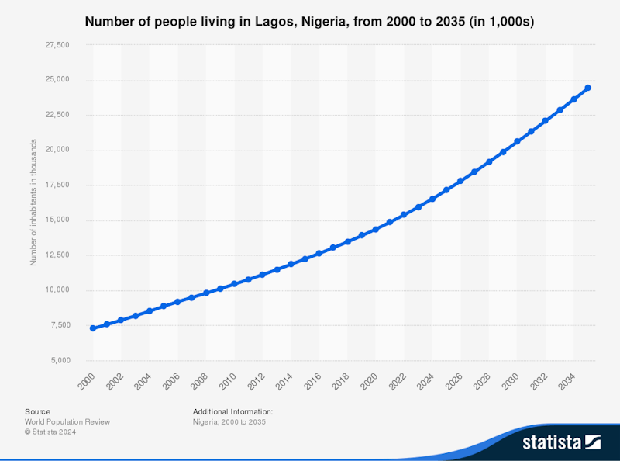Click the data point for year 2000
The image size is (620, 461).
(93, 328)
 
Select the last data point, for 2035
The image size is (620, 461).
(587, 88)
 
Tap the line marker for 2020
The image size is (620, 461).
(376, 229)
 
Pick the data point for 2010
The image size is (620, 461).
(234, 284)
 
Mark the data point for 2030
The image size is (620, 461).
(517, 141)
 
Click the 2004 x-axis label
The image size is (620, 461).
(143, 381)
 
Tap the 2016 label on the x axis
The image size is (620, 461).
(312, 381)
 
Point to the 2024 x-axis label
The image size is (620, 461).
(425, 381)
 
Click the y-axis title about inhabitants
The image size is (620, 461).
(33, 203)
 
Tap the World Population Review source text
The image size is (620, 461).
(67, 421)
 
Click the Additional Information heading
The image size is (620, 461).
(232, 411)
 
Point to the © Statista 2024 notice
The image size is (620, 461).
(55, 432)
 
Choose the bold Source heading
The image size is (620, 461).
(37, 411)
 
